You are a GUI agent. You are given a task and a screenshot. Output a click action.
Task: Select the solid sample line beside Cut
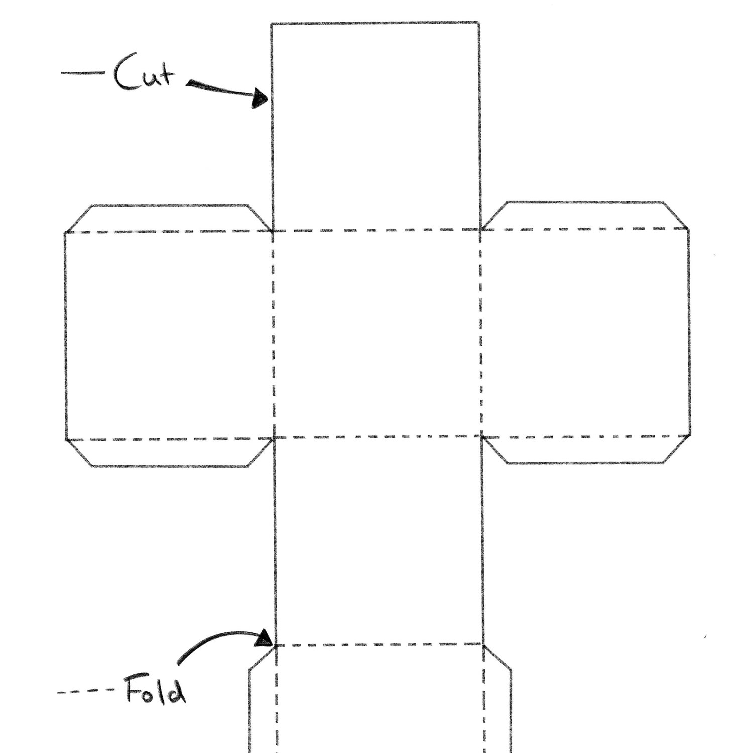pyautogui.click(x=83, y=73)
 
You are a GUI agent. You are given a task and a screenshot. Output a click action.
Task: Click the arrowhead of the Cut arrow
pyautogui.click(x=260, y=98)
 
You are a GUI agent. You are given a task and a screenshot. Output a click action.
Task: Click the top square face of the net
pyautogui.click(x=375, y=127)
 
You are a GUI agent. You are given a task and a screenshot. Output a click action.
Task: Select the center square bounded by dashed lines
pyautogui.click(x=377, y=333)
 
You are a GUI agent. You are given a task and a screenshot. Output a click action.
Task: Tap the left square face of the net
pyautogui.click(x=169, y=336)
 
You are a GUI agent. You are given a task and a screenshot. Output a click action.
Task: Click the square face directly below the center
pyautogui.click(x=378, y=540)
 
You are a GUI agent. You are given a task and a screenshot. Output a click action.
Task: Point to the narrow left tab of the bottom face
pyautogui.click(x=262, y=703)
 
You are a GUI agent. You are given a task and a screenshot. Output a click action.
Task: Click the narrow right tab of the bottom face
pyautogui.click(x=497, y=703)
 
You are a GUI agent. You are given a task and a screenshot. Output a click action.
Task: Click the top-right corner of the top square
pyautogui.click(x=478, y=23)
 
